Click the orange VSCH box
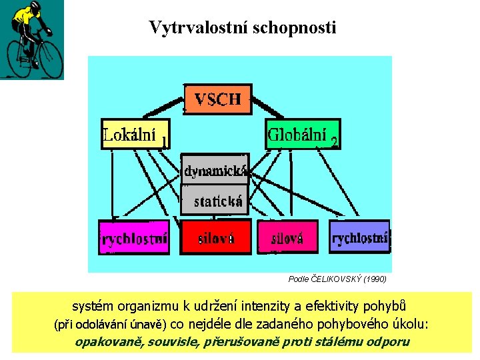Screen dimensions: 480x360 217,99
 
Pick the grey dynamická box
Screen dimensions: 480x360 215,170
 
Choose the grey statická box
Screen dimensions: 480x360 215,199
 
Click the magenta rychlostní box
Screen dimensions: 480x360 134,237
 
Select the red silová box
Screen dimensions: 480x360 216,237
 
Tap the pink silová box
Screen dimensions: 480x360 286,237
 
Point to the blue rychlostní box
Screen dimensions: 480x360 359,237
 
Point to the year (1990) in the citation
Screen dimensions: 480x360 375,279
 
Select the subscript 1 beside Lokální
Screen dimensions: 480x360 164,141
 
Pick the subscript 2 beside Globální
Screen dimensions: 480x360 334,141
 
